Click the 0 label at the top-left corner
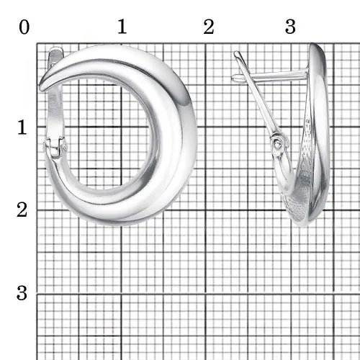(24, 27)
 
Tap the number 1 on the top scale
(122, 27)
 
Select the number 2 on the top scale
(209, 27)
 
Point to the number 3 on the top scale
(290, 27)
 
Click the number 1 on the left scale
(22, 127)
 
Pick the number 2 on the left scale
(22, 210)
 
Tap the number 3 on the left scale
(22, 293)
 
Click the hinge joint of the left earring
(55, 148)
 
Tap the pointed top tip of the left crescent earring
(41, 88)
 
